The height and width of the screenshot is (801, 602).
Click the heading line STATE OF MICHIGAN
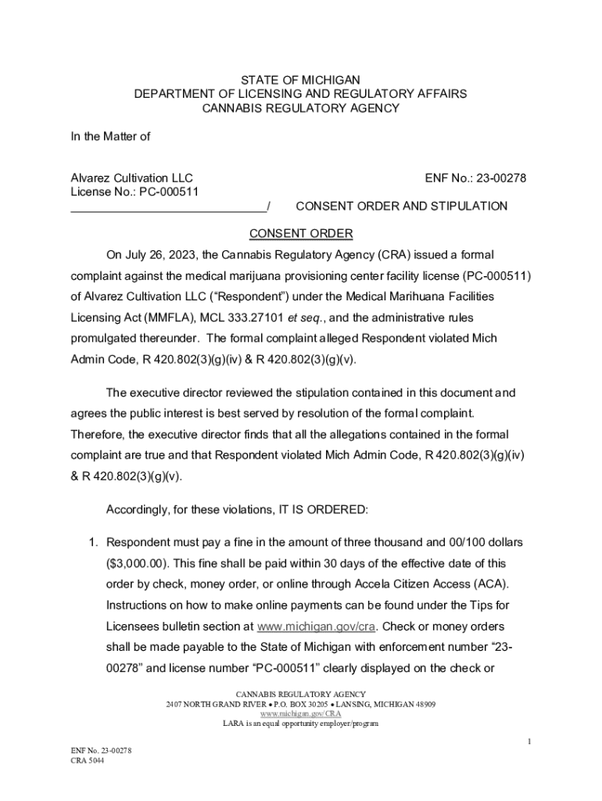tap(300, 80)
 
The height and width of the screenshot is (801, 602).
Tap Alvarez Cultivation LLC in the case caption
tap(132, 178)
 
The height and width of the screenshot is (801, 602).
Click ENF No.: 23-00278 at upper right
tap(475, 178)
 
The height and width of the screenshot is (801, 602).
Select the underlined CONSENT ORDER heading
tap(301, 234)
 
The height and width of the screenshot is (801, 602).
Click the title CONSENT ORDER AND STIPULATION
tap(401, 207)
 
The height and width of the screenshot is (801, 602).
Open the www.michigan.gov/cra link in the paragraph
tap(317, 627)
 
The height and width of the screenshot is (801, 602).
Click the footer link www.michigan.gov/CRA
tap(301, 713)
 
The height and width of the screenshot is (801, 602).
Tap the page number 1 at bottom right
tap(529, 742)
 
